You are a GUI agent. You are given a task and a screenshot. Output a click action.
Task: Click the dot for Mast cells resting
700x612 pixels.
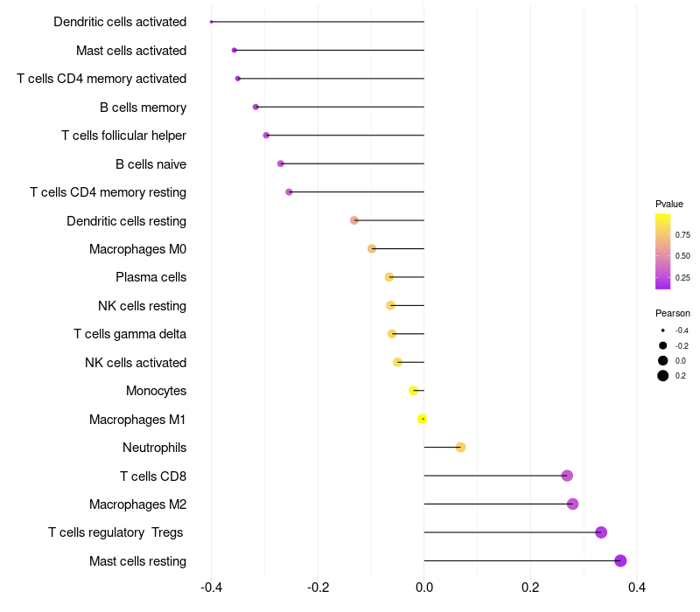(620, 560)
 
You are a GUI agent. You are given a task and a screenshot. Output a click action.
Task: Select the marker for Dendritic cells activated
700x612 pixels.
(211, 22)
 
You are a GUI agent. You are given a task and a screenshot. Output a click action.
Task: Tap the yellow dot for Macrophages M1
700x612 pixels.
(422, 419)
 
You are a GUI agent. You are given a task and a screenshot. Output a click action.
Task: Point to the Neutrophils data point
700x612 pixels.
(461, 447)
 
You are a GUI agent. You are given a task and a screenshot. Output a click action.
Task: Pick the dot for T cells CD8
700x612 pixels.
(567, 476)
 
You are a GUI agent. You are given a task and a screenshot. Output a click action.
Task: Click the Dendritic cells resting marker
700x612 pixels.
(354, 220)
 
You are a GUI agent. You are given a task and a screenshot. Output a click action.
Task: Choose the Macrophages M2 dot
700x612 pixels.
(573, 504)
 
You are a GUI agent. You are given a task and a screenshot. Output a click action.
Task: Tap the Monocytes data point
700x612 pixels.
(413, 390)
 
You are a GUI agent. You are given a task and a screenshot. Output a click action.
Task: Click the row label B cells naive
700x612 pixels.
(150, 164)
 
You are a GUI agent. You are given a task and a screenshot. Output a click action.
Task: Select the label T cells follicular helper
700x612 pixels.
(123, 136)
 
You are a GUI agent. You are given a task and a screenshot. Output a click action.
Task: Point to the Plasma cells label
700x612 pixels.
(150, 277)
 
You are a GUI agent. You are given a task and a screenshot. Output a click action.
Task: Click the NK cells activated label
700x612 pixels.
(136, 363)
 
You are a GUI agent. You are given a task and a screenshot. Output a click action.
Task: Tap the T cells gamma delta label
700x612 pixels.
(129, 334)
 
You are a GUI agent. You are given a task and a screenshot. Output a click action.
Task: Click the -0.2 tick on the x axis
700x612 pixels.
(318, 587)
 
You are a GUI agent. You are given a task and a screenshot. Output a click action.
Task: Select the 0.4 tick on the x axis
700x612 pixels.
(637, 587)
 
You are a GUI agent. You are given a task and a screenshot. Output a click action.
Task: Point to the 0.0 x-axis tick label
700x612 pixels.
(424, 587)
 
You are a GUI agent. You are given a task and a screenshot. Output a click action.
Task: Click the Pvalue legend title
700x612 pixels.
(669, 204)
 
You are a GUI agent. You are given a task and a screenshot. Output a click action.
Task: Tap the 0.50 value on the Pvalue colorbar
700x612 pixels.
(682, 256)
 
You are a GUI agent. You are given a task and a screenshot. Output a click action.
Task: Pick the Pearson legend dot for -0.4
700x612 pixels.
(663, 330)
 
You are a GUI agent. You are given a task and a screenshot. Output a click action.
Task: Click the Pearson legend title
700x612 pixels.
(673, 313)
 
